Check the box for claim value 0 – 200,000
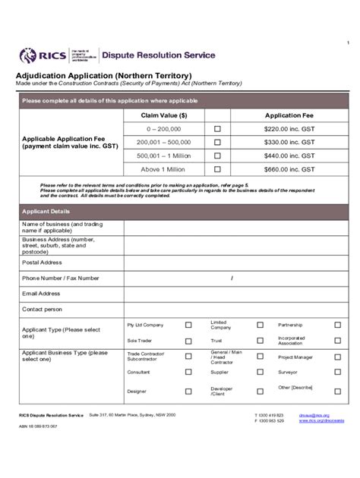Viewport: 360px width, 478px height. (x=217, y=129)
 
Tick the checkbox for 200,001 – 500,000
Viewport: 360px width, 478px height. (x=217, y=142)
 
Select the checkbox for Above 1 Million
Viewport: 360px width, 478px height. (x=217, y=169)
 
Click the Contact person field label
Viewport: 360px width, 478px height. (x=43, y=310)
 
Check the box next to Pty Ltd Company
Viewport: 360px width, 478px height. (x=188, y=325)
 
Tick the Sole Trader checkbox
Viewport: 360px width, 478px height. (x=188, y=341)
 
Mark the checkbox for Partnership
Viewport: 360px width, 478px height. (x=338, y=325)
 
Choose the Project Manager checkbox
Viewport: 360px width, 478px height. (x=338, y=357)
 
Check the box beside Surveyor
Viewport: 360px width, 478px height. (x=338, y=373)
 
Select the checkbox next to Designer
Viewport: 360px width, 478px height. (x=188, y=391)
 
